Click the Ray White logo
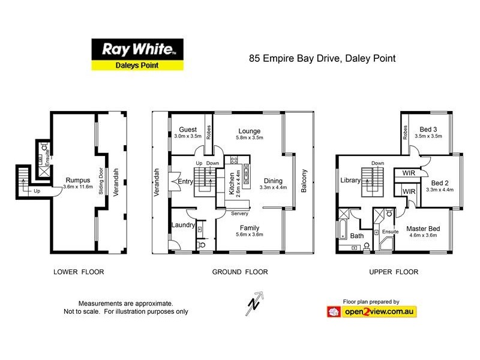tap(137, 49)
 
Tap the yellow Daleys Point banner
tap(137, 65)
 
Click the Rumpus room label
tap(78, 179)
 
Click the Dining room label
tap(274, 181)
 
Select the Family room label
tap(249, 227)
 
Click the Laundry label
tap(182, 225)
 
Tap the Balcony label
tap(304, 181)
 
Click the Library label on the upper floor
tap(350, 180)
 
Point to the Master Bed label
tap(423, 229)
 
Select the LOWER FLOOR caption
tap(79, 272)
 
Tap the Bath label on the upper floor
tap(357, 236)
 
